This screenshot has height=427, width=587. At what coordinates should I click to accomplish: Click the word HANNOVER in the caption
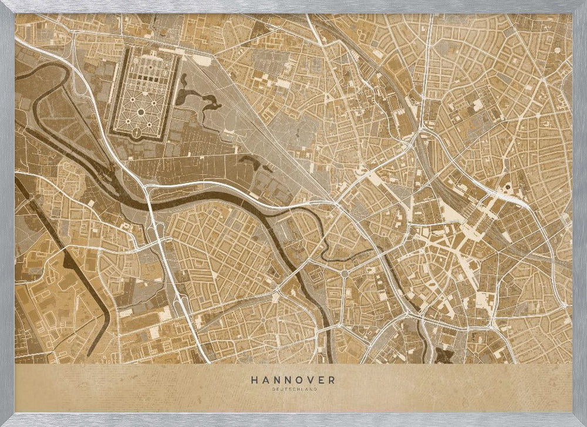(293, 380)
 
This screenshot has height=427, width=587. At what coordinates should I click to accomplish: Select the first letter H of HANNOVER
(254, 380)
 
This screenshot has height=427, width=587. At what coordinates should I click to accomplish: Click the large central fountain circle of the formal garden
(142, 112)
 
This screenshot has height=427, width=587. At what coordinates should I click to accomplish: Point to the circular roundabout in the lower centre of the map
(344, 274)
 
